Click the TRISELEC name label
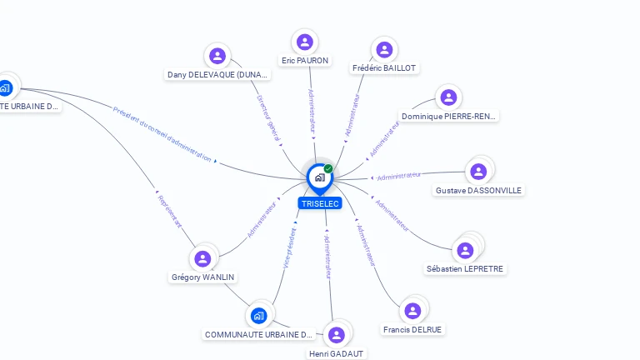coord(320,203)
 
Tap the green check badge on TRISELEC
coord(328,168)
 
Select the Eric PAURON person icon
coord(305,42)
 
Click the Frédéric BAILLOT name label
coord(384,67)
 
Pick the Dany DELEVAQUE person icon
coord(217,56)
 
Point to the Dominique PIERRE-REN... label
coord(448,117)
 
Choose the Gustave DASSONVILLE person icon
coord(478,172)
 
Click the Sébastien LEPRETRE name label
coord(465,268)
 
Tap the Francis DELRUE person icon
coord(412,311)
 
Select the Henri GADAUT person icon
coord(337,335)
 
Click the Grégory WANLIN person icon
coord(202,259)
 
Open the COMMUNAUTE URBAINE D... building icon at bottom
coord(258,316)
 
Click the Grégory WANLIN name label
coord(202,277)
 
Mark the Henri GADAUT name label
coord(337,353)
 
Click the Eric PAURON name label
coord(305,61)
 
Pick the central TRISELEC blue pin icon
coord(318,177)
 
